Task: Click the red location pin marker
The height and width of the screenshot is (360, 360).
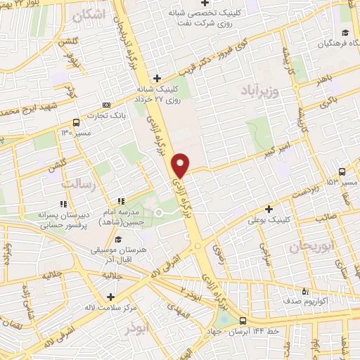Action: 181,164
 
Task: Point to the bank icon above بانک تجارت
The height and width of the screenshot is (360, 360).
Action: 107,104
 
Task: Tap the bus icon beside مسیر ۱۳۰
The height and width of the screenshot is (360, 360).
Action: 76,122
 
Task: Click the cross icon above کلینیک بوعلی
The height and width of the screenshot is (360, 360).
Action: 269,209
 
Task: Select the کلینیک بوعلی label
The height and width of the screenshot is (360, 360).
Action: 269,220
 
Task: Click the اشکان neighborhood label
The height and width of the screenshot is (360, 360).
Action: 93,14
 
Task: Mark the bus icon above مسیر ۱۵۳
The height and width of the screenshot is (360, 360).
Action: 342,171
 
